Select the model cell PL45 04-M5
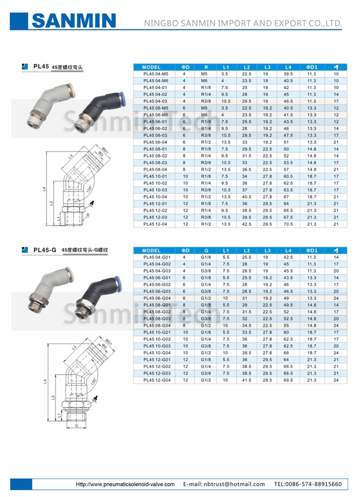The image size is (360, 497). tap(155, 74)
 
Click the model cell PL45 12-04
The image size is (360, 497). tap(155, 224)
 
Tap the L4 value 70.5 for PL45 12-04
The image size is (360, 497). tap(287, 224)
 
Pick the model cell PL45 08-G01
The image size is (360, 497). tap(156, 305)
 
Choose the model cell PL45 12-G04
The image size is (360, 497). tap(156, 380)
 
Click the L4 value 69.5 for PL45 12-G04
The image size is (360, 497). tap(288, 380)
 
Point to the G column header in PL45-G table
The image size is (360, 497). tap(205, 251)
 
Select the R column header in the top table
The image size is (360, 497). tap(205, 67)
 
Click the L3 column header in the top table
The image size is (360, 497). tap(267, 67)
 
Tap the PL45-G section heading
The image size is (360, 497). tap(45, 250)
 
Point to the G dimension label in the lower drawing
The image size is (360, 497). tap(75, 426)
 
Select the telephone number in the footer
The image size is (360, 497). tap(308, 484)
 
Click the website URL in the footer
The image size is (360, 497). tap(125, 484)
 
